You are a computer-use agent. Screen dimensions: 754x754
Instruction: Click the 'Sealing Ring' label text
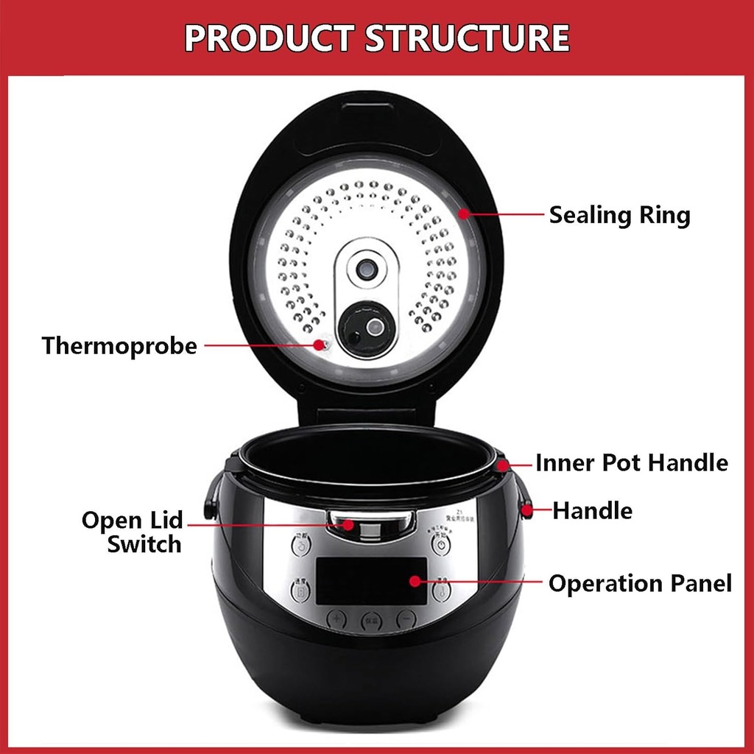point(619,215)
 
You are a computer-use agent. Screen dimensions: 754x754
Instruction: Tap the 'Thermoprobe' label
point(119,345)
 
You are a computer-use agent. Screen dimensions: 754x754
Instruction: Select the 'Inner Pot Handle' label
point(631,463)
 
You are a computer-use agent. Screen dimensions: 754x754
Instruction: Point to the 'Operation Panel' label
point(640,584)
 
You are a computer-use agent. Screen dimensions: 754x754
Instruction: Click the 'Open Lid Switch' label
point(133,532)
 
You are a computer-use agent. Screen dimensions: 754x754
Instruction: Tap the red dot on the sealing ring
point(464,214)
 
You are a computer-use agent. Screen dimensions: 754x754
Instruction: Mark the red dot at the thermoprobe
point(319,344)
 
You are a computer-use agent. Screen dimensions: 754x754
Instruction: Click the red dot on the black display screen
point(415,581)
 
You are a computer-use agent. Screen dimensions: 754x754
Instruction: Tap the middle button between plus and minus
point(372,620)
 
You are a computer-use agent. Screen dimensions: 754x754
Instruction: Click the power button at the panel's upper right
point(440,546)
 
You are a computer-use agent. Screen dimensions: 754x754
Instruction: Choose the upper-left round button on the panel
point(301,546)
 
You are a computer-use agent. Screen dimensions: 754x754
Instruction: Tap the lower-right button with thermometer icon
point(441,590)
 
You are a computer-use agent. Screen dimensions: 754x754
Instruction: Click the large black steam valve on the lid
point(366,328)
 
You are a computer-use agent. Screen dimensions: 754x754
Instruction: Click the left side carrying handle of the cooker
point(212,497)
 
